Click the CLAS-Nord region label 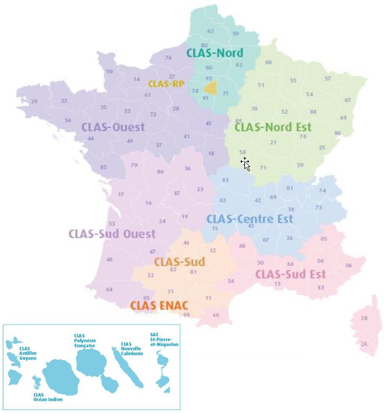tap(214, 52)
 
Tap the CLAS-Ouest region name tap(113, 127)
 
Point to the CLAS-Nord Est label tap(273, 127)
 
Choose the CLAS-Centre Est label tap(249, 219)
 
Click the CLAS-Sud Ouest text tap(112, 233)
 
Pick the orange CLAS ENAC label tap(159, 305)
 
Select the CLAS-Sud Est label tap(290, 274)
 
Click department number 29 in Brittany tap(34, 102)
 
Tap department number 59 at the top tap(236, 34)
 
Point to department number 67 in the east tap(347, 100)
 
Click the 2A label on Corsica tap(364, 344)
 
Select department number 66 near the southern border tap(216, 315)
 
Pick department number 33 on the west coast tap(111, 224)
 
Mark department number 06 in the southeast tap(349, 265)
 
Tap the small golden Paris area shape tap(211, 87)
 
